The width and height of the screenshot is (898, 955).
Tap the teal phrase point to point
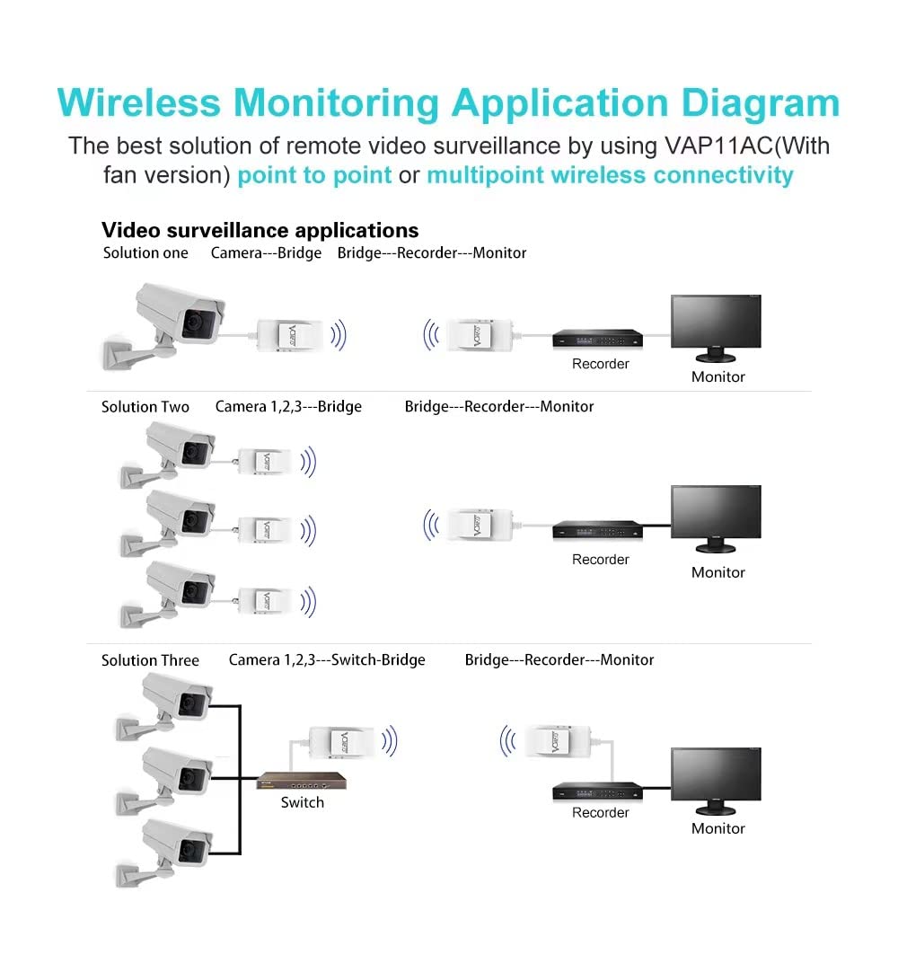314,174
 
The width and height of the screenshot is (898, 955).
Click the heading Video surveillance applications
260,230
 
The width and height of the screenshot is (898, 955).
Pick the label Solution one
145,253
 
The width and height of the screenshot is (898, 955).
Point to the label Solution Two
145,407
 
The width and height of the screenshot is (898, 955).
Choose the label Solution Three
150,660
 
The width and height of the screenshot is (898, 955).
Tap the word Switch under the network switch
302,802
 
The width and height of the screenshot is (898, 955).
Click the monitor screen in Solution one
716,326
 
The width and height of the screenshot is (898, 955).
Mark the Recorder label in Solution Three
601,813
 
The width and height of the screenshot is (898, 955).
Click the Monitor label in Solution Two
718,572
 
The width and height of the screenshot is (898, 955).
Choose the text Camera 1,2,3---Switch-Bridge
327,660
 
